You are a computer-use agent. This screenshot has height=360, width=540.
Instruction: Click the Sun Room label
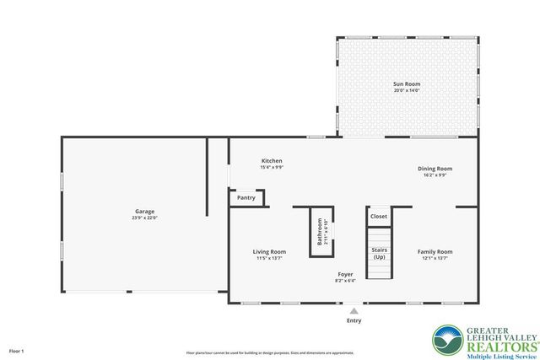point(406,84)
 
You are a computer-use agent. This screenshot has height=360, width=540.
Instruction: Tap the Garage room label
point(145,211)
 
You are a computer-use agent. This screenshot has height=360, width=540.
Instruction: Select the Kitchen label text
point(272,160)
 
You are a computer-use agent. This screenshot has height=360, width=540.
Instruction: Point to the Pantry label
point(246,198)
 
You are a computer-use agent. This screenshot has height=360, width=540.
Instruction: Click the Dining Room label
point(435,169)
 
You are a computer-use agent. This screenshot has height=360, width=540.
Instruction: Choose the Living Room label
point(270,251)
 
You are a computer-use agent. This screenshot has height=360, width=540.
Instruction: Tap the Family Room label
point(435,251)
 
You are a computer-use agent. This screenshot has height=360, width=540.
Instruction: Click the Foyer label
point(346,274)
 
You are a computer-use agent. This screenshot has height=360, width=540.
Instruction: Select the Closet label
point(379,217)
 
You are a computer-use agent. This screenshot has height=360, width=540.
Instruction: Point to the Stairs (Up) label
point(379,253)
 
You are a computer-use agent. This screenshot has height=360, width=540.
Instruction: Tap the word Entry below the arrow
point(354,320)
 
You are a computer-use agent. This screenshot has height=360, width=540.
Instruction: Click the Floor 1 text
point(17,350)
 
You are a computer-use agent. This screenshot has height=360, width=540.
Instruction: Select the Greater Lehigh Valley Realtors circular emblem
point(447,340)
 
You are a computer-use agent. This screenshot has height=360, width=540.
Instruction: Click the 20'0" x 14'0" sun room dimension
point(406,91)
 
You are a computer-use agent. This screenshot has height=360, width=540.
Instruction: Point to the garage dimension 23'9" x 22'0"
point(145,218)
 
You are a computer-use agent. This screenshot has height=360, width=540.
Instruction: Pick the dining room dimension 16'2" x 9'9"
point(435,175)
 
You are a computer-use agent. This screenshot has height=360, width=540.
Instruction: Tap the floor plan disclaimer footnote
point(270,352)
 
